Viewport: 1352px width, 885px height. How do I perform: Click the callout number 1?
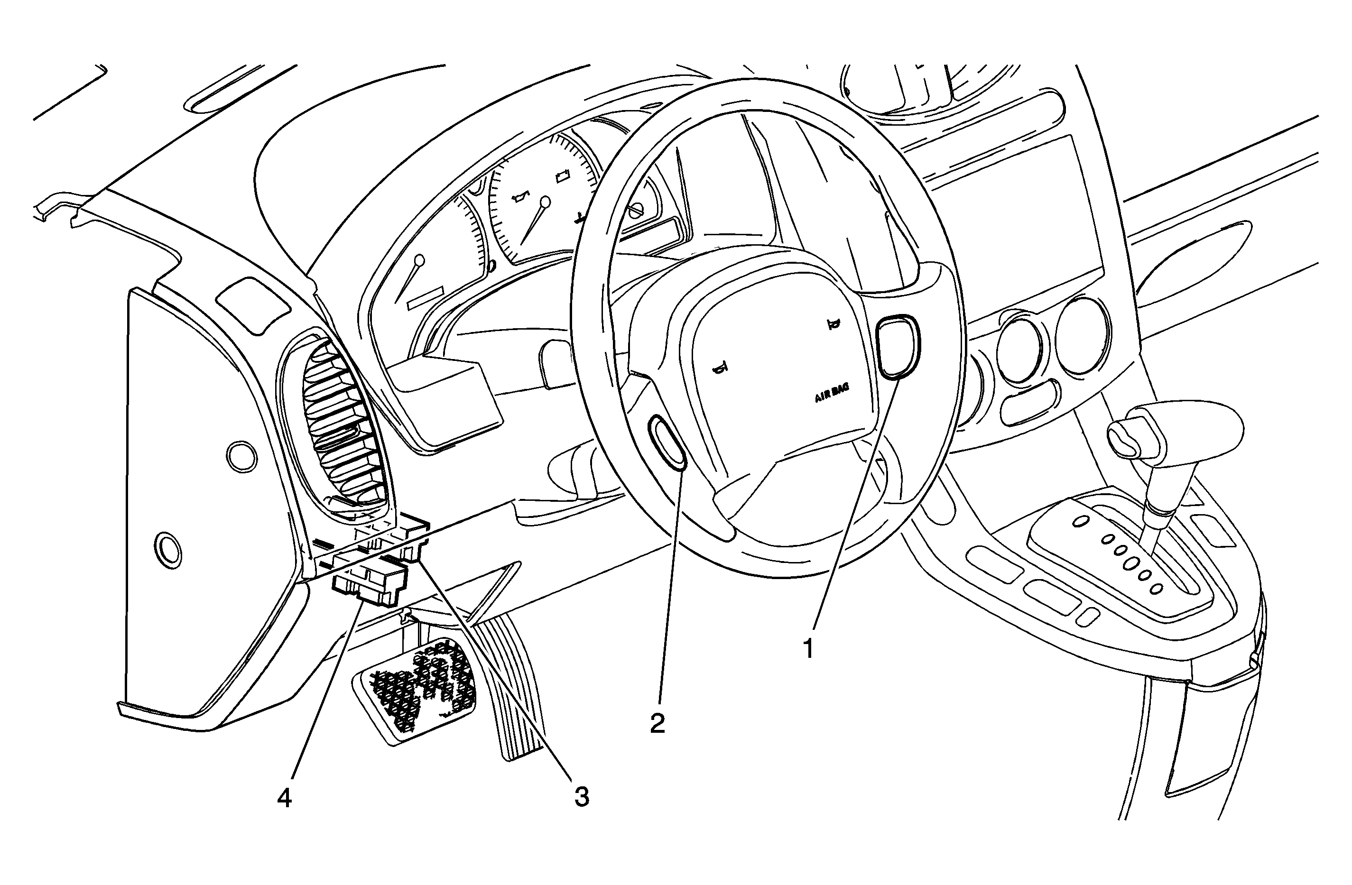808,648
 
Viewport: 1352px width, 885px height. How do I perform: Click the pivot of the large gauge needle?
546,201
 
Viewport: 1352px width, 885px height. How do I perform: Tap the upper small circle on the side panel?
241,456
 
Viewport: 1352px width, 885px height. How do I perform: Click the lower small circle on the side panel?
168,549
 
